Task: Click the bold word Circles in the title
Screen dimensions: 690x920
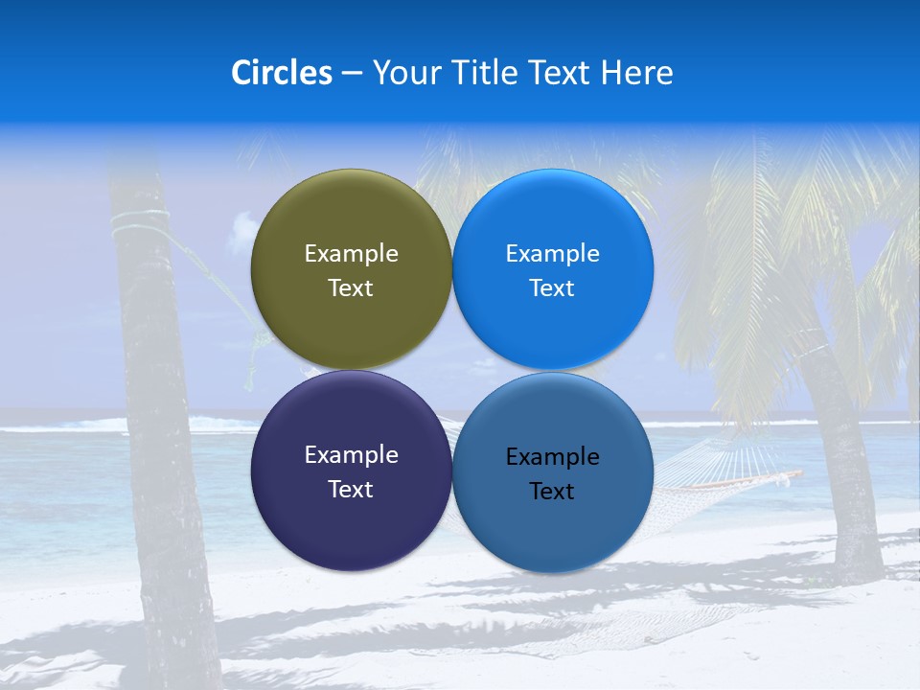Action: pyautogui.click(x=282, y=73)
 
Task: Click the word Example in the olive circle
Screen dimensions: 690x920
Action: pyautogui.click(x=351, y=254)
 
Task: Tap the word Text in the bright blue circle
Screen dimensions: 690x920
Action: pyautogui.click(x=552, y=288)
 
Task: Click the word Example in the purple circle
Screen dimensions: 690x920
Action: pyautogui.click(x=351, y=455)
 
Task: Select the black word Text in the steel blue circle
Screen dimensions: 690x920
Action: pyautogui.click(x=552, y=492)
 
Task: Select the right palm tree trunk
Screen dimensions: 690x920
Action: pyautogui.click(x=843, y=460)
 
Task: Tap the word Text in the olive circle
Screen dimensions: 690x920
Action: pyautogui.click(x=351, y=288)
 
